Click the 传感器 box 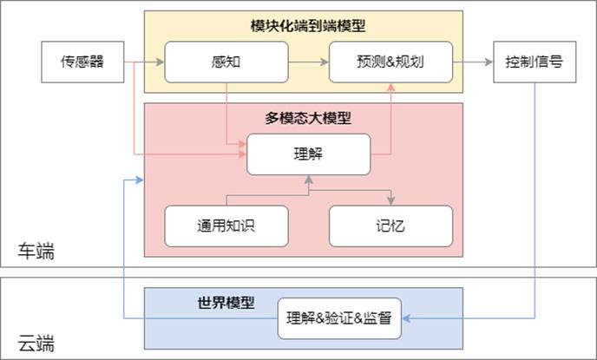click(82, 62)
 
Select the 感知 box click(226, 62)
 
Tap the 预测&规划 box click(390, 62)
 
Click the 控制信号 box click(535, 62)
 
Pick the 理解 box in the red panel click(308, 154)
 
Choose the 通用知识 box click(226, 226)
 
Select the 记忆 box click(390, 226)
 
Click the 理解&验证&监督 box click(339, 319)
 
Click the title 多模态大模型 click(303, 117)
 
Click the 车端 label click(36, 252)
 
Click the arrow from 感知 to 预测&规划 click(308, 62)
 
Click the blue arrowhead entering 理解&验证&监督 click(406, 319)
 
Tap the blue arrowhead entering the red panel click(139, 180)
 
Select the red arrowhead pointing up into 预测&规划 click(391, 87)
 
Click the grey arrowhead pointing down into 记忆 click(390, 201)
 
